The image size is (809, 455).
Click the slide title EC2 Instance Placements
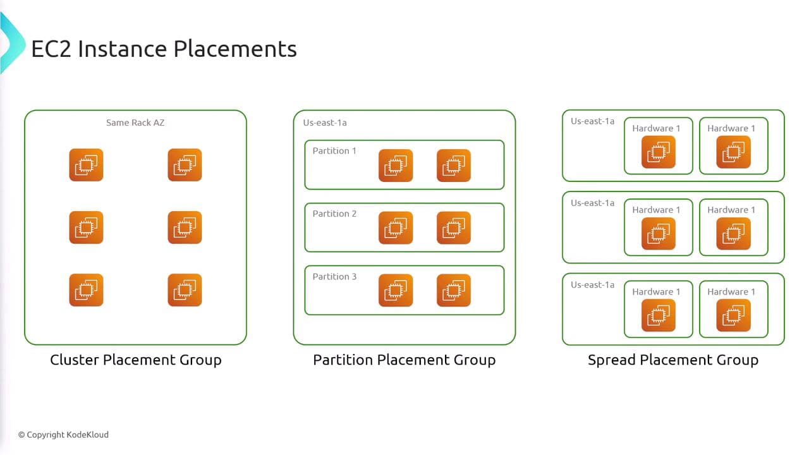(164, 49)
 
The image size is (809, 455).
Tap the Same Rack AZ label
(135, 123)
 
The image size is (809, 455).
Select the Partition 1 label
(334, 150)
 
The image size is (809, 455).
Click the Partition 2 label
(334, 214)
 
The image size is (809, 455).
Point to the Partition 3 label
(334, 276)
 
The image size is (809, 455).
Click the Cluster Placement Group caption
(136, 360)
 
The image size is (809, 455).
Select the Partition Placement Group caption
(404, 360)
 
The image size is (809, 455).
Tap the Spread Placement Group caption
(673, 360)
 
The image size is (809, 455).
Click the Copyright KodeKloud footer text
(63, 435)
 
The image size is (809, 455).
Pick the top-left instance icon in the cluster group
(86, 165)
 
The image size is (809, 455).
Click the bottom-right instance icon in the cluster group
(185, 290)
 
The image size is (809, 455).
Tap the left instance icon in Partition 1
(396, 166)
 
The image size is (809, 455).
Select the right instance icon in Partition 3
(454, 291)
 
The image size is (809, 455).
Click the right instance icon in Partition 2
(454, 228)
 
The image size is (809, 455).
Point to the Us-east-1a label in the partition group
(325, 123)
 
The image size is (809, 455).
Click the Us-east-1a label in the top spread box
(592, 121)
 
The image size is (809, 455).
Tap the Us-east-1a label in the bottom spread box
(592, 285)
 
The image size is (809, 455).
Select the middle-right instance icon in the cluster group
(185, 227)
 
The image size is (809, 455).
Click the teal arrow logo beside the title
(11, 42)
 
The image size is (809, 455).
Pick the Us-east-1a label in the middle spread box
(592, 203)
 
